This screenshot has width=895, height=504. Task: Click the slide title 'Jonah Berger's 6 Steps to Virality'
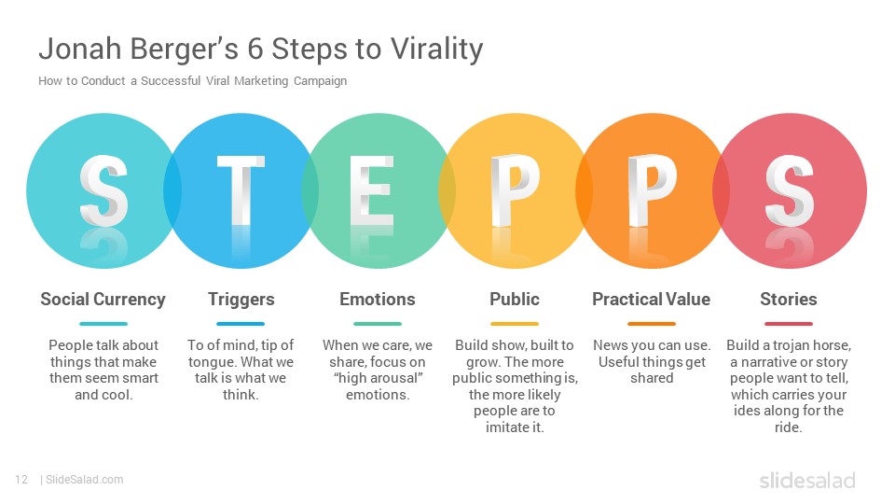(261, 49)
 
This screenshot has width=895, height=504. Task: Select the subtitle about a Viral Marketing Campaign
(192, 81)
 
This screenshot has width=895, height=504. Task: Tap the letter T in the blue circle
(241, 190)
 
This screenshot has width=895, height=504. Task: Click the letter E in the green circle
(372, 190)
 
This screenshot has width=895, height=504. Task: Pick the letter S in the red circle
(790, 190)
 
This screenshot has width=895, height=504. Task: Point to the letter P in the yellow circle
(515, 190)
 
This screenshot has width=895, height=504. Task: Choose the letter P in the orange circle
(652, 190)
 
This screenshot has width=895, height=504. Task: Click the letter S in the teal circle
(103, 190)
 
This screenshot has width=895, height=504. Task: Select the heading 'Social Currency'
(103, 300)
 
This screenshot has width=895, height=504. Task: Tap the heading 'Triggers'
(241, 300)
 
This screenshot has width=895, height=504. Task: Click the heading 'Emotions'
(378, 300)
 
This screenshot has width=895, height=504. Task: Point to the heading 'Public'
(515, 300)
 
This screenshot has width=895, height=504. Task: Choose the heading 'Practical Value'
(652, 300)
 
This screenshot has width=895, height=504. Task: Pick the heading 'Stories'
(789, 300)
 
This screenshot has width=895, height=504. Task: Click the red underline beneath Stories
(789, 324)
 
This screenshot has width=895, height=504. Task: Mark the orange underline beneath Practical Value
(652, 324)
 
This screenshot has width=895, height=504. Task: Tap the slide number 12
(21, 480)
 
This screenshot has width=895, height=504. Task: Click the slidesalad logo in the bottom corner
(807, 481)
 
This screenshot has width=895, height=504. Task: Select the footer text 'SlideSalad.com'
(85, 480)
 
